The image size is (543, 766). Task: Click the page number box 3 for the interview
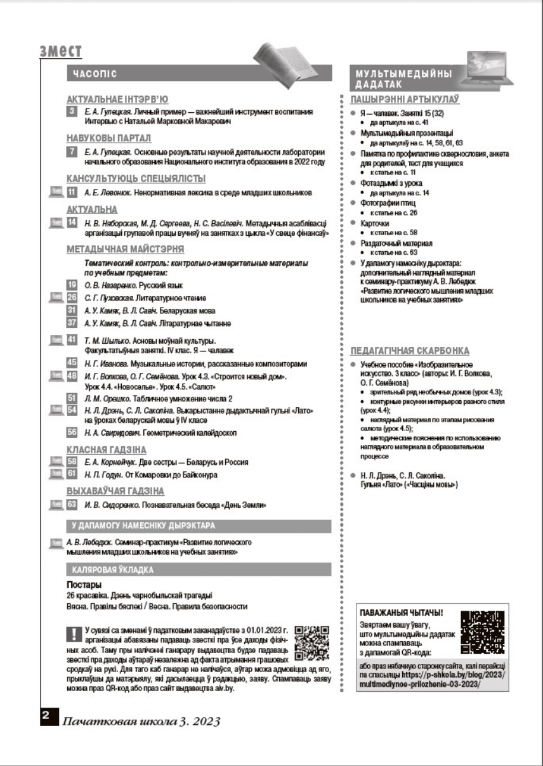(72, 112)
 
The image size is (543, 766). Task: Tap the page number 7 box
(72, 152)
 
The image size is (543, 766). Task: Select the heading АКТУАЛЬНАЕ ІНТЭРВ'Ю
(117, 99)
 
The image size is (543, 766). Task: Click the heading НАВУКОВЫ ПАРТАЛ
(108, 138)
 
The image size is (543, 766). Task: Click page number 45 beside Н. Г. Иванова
(72, 363)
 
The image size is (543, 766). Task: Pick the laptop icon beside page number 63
(56, 505)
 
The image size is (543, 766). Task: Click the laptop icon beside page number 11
(56, 191)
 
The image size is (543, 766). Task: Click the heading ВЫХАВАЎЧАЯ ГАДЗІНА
(115, 491)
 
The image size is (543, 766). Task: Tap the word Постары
(84, 585)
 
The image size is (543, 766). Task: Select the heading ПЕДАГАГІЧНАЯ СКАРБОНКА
(410, 350)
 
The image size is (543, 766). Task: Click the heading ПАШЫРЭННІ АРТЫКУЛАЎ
(405, 100)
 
